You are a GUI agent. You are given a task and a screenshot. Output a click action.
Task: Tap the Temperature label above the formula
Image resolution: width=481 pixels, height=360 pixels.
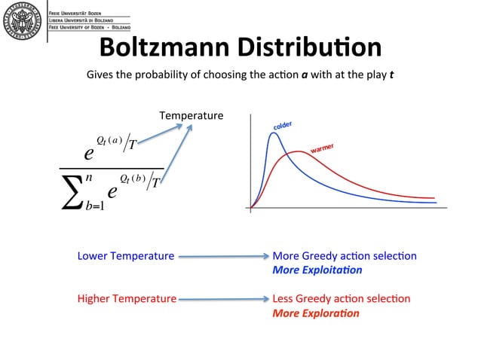pos(191,115)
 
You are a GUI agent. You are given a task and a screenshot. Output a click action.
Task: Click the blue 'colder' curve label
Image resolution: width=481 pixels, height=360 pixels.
pos(282,126)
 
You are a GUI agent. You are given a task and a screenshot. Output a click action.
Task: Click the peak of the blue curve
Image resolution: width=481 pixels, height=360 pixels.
pos(273,134)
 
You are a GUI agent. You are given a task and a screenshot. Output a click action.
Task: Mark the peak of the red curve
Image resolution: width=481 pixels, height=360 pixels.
pos(300,152)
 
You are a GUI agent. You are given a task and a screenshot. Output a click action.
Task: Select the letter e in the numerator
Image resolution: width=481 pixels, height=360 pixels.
pos(89,154)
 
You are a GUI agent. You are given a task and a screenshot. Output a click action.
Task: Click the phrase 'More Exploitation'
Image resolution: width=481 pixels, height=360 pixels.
pos(317,270)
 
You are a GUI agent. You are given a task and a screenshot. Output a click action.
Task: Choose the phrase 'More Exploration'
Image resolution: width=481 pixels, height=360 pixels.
pos(315,313)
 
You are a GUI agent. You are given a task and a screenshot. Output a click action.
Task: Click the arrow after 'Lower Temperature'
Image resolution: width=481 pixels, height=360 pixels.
pos(223,257)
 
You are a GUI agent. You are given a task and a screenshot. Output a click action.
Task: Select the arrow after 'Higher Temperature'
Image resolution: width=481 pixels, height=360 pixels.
pos(223,300)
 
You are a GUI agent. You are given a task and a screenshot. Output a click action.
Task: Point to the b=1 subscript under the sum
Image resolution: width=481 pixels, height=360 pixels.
pos(95,206)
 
